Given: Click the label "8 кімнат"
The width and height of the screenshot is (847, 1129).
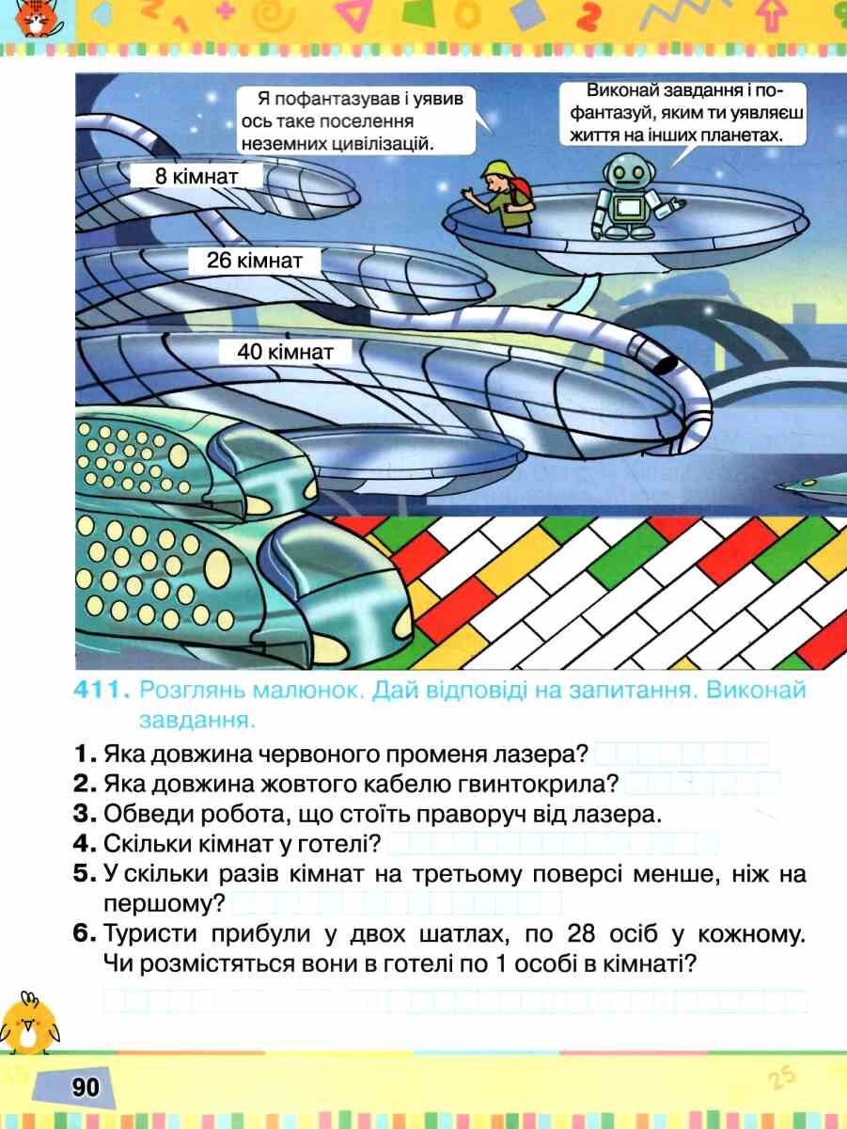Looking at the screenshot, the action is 196,177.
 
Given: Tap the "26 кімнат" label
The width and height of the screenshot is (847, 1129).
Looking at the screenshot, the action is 255,261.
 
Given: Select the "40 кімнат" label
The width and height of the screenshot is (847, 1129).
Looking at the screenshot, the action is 285,352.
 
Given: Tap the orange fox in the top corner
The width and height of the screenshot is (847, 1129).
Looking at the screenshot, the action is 37,19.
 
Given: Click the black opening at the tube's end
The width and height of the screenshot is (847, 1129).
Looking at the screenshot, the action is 665,364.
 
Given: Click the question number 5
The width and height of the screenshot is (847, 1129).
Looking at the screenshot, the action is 85,874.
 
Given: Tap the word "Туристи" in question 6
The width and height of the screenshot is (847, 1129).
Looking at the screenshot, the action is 150,933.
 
